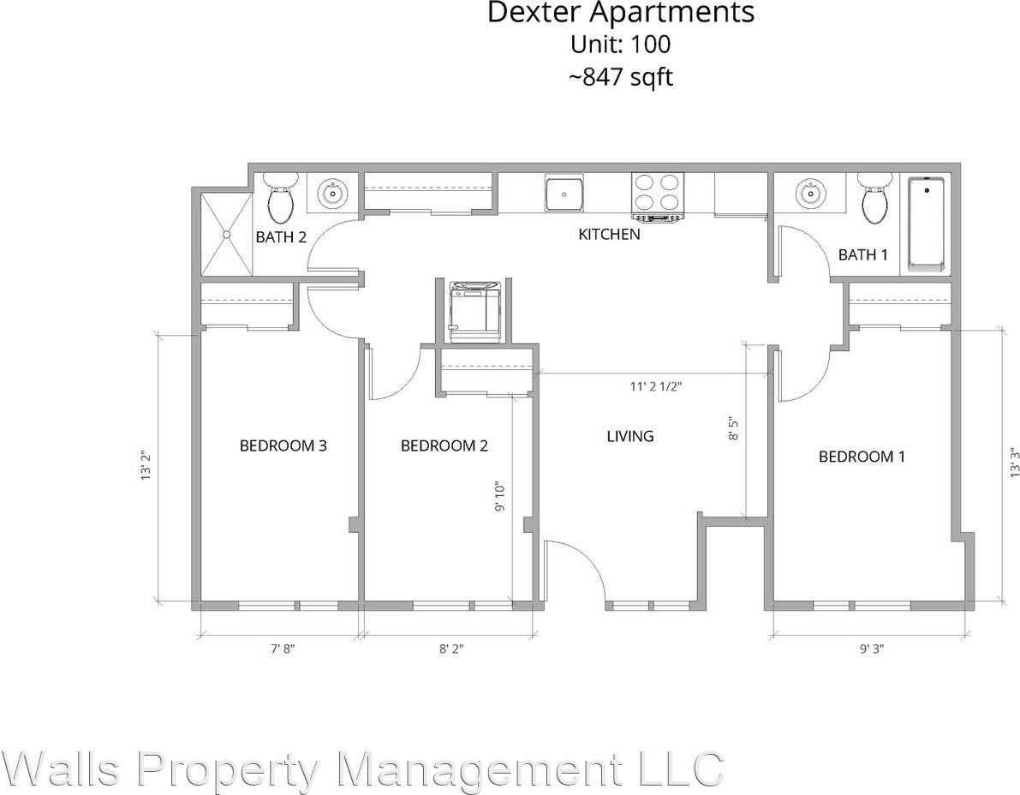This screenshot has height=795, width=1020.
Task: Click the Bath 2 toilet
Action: click(280, 198)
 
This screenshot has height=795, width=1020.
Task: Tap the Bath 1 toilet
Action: click(874, 198)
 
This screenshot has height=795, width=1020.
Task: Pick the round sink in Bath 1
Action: click(809, 194)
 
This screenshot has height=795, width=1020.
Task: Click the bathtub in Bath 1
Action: click(926, 223)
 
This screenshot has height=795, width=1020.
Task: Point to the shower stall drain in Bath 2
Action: click(227, 233)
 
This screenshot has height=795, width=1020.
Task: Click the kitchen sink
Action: click(565, 194)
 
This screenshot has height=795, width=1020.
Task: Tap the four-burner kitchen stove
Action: click(658, 194)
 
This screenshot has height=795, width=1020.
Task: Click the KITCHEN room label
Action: click(609, 234)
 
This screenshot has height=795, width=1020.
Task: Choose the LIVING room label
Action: click(629, 436)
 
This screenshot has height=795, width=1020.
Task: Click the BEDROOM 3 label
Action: click(283, 445)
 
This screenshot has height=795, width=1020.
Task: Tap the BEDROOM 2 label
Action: click(444, 445)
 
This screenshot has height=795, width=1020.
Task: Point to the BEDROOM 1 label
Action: click(862, 457)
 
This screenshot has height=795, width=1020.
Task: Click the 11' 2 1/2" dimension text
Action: click(656, 386)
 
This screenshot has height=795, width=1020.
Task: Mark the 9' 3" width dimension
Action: click(871, 649)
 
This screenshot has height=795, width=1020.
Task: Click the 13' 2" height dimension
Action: click(146, 466)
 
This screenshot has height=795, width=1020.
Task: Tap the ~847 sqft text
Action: click(621, 77)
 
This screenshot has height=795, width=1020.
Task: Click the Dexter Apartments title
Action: click(621, 13)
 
